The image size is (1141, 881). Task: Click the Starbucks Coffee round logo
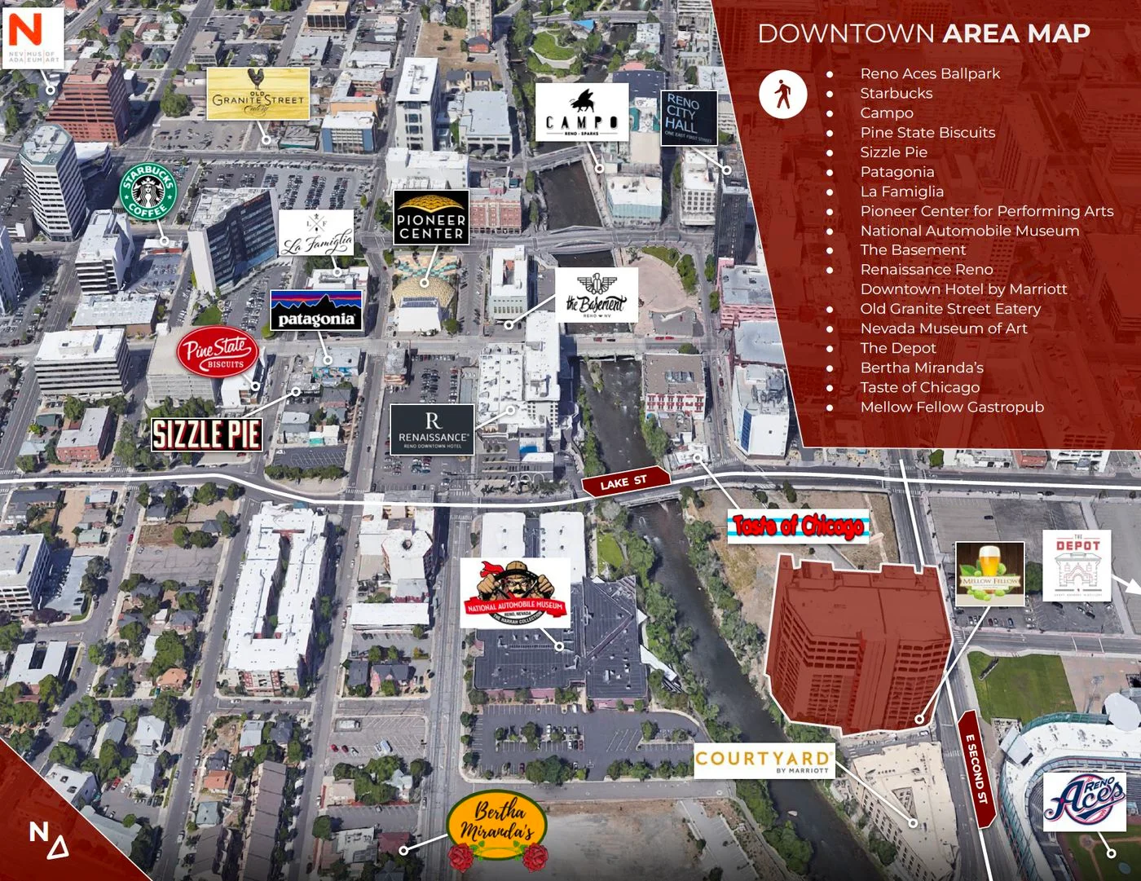[148, 190]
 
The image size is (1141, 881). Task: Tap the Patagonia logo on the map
[316, 311]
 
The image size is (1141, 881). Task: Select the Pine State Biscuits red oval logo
[218, 353]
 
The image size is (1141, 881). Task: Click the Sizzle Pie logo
[207, 434]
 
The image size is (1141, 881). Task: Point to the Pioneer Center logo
[431, 218]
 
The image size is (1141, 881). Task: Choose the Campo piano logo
[582, 113]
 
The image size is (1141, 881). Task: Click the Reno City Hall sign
[688, 117]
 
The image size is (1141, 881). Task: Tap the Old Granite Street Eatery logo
[258, 94]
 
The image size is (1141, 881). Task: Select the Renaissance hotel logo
[432, 429]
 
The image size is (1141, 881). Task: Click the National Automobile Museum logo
[515, 593]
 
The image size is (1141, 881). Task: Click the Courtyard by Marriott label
[764, 760]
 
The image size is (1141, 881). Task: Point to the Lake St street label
[624, 482]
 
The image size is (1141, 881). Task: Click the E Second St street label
[976, 769]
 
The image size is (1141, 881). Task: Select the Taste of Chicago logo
[799, 526]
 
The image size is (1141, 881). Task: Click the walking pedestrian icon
[783, 94]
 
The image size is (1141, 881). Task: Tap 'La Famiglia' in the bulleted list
[901, 192]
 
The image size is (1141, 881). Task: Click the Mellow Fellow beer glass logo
[989, 574]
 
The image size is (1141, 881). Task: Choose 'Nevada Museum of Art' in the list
[943, 328]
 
